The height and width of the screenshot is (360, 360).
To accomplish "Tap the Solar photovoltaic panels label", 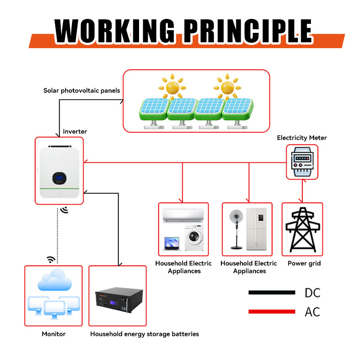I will (x=81, y=90).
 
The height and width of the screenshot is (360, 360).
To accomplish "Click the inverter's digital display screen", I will (x=59, y=178).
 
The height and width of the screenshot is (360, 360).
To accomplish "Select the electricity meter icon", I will (x=302, y=162).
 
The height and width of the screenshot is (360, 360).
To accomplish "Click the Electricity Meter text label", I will (x=301, y=138).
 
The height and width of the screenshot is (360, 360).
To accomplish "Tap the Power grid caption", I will (x=304, y=263).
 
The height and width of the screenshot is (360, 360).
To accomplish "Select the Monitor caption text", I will (x=54, y=334).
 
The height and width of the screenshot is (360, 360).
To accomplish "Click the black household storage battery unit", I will (x=117, y=304).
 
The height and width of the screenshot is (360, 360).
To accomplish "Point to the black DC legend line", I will (x=271, y=292).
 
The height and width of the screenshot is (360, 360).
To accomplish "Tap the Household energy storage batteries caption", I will (x=144, y=334).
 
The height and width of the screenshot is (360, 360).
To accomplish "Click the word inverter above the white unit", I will (x=75, y=131).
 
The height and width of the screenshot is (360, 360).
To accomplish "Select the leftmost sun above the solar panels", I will (x=171, y=86).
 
